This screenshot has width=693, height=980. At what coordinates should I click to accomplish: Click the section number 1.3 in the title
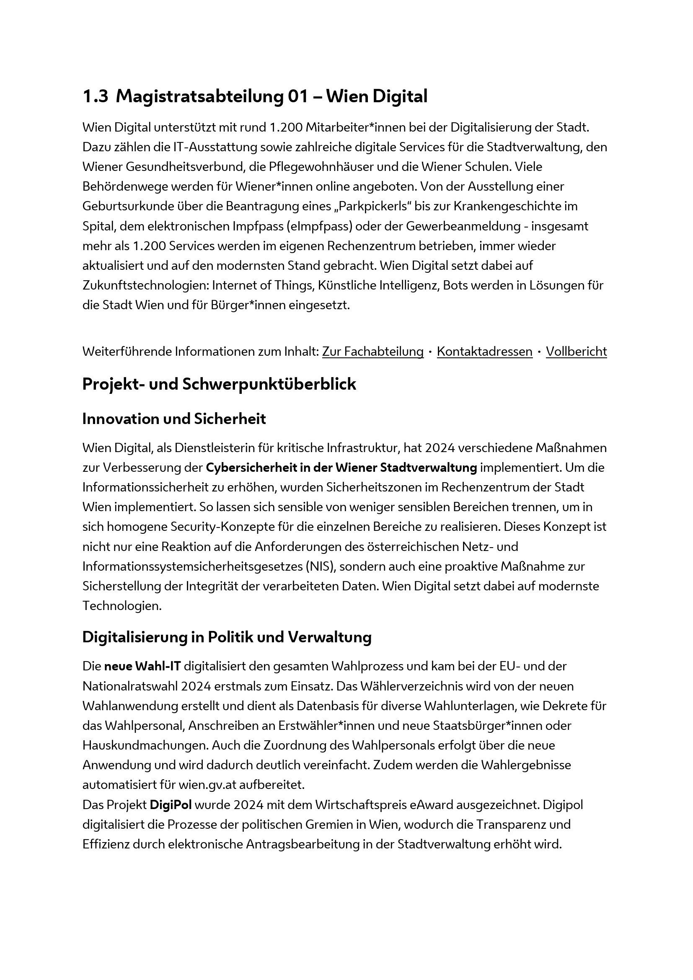coord(95,96)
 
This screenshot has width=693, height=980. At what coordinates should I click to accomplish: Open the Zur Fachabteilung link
coord(372,352)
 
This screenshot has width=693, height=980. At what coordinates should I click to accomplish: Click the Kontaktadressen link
coord(484,352)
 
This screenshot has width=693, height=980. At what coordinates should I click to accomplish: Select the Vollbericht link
coord(576,352)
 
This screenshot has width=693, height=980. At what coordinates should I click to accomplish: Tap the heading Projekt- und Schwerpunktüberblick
coord(219,384)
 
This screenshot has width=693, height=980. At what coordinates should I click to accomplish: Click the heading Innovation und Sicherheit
coord(174,419)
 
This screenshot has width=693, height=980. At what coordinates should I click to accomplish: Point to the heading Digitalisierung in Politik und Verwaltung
coord(227,637)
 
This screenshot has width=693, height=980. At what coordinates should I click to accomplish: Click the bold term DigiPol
coord(171,805)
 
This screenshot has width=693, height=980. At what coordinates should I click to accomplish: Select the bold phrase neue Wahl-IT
coord(142,666)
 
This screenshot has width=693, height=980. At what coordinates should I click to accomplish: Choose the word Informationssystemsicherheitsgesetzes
coord(192,567)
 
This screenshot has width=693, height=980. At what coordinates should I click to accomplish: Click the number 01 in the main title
coord(298,96)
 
